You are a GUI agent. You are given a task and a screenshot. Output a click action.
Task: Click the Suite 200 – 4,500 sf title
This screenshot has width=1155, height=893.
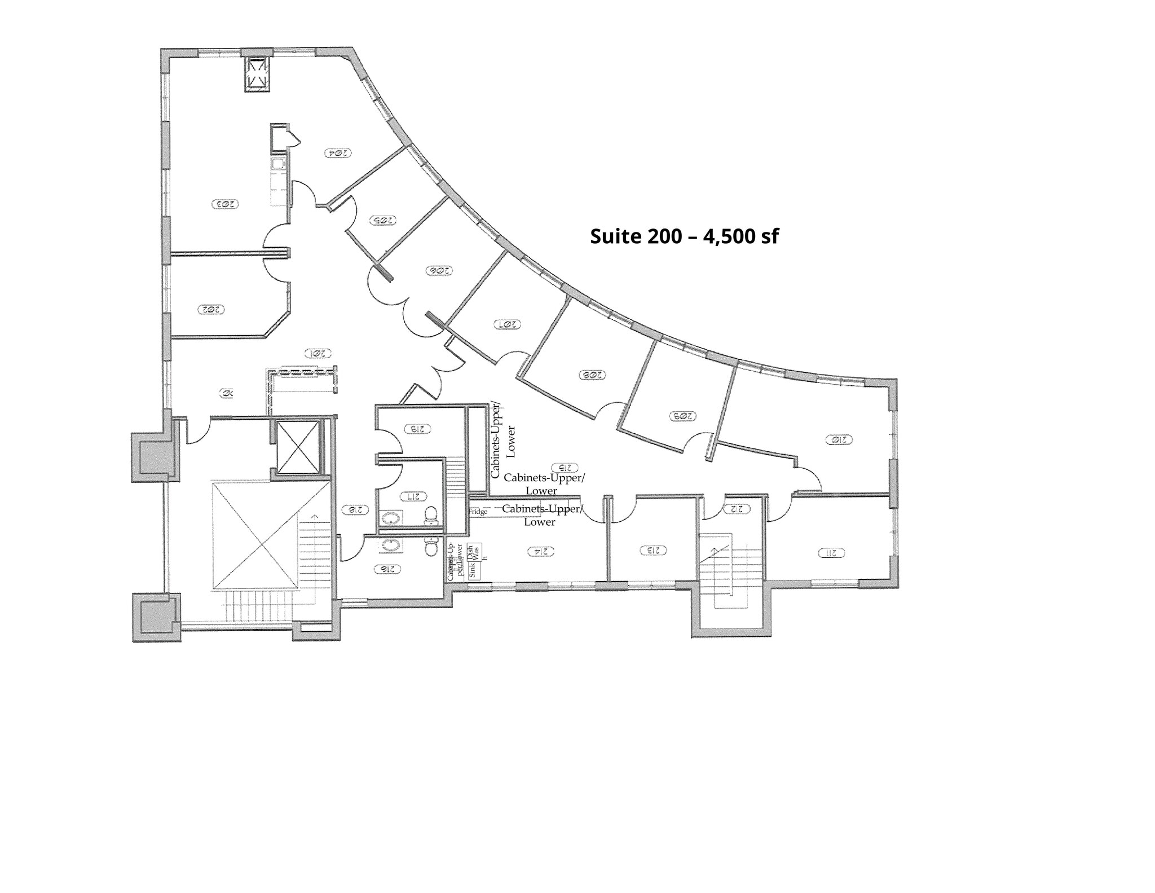tap(684, 236)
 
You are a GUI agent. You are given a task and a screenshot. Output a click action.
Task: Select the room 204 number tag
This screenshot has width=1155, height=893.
tap(338, 152)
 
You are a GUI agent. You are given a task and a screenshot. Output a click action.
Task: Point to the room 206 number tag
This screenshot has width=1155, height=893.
tap(438, 271)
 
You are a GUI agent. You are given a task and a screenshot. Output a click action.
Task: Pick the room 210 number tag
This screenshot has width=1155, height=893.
tap(838, 439)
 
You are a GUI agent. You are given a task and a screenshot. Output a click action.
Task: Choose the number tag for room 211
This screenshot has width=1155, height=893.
tap(831, 553)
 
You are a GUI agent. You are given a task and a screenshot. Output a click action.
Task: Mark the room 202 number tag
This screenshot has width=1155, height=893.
tap(211, 309)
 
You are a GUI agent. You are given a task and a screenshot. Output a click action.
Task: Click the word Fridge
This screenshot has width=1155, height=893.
tap(478, 511)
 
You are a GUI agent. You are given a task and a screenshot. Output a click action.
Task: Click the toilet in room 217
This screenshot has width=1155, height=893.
tap(431, 515)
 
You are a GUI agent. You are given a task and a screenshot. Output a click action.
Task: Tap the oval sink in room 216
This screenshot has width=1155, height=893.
tap(391, 545)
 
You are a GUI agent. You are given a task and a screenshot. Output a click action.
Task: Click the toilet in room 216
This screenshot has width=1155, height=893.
tap(431, 547)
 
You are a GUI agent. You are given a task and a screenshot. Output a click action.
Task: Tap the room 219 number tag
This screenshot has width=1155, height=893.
tap(417, 429)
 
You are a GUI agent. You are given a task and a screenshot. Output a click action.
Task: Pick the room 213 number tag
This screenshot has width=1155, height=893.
tap(654, 549)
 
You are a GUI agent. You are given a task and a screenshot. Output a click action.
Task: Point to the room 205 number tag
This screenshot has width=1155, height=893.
tap(382, 221)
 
